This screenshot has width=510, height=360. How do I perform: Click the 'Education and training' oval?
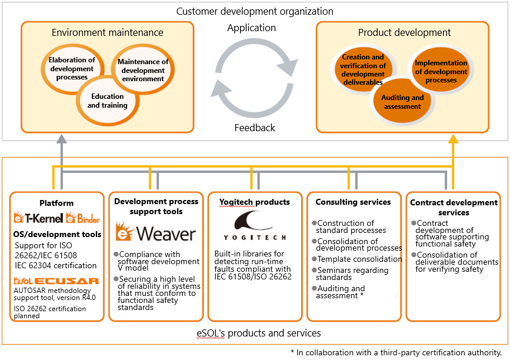(108, 101)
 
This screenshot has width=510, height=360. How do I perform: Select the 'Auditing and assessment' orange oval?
(402, 102)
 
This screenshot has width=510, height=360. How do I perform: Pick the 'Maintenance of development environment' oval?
(143, 70)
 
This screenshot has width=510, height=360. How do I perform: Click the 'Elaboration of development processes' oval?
(72, 69)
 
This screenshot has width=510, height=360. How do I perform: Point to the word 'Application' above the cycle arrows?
(251, 28)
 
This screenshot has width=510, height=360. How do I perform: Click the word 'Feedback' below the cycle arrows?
(255, 128)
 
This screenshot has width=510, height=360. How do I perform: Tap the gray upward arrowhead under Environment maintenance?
(62, 139)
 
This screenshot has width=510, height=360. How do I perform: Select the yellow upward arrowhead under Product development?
(453, 139)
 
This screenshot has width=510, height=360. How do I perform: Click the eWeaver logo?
(156, 232)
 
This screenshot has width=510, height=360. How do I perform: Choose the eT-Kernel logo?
(38, 218)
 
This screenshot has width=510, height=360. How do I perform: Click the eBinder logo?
(82, 218)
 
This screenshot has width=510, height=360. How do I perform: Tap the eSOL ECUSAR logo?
(56, 281)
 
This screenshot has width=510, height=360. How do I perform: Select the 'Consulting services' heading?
(353, 202)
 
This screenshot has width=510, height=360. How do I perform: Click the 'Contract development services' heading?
(454, 208)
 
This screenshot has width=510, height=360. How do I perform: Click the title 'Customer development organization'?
(255, 11)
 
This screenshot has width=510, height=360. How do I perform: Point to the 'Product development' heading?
(404, 32)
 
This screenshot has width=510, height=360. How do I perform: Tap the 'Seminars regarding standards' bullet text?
(351, 274)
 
